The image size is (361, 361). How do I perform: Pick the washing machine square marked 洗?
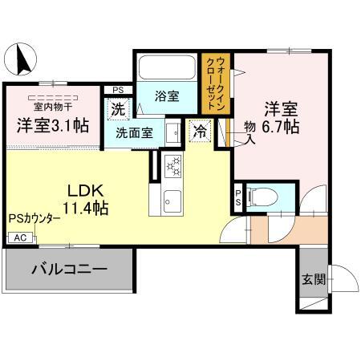click(x=118, y=110)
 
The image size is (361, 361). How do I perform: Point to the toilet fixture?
click(x=262, y=197)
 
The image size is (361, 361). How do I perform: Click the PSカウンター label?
click(x=34, y=218)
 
